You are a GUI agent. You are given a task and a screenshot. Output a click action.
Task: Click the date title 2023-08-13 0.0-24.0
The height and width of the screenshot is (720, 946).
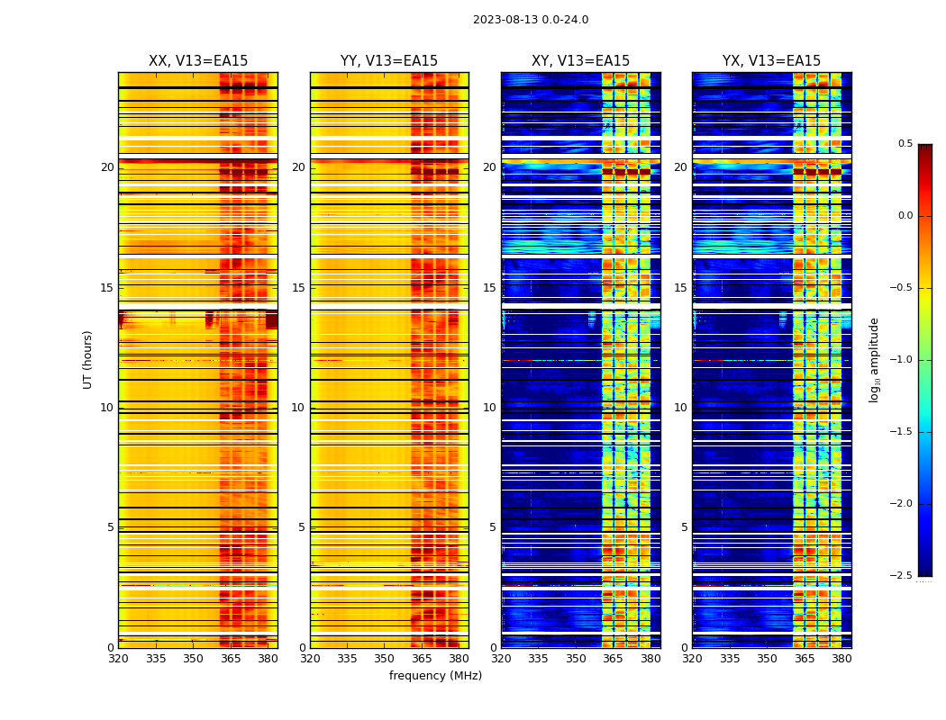tap(531, 20)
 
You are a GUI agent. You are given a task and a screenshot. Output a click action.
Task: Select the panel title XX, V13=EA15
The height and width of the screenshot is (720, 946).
tap(198, 61)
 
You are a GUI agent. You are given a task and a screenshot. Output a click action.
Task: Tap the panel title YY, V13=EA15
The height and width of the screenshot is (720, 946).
tap(389, 61)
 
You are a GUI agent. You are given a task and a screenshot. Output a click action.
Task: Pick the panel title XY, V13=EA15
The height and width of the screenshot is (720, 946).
tap(580, 61)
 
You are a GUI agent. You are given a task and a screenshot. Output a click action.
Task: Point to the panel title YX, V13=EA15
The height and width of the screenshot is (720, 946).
tap(771, 61)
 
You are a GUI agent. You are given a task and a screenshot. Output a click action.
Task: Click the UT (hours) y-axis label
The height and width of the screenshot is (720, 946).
tap(87, 359)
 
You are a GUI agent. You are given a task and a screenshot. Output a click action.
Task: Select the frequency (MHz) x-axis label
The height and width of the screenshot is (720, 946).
tap(435, 676)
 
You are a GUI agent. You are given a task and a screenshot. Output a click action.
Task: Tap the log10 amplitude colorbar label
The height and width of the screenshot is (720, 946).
tap(874, 359)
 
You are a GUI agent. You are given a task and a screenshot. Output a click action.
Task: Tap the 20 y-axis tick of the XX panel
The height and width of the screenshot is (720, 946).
tap(107, 167)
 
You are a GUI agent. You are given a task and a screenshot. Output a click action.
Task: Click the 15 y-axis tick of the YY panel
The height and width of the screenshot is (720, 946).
tap(298, 288)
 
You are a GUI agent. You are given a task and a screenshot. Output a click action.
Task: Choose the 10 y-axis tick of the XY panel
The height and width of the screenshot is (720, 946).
tap(489, 408)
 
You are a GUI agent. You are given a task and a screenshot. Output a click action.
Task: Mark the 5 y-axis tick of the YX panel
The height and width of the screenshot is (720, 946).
tap(684, 527)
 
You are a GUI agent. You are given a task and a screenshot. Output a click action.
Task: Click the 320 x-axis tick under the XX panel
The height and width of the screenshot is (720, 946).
tap(118, 659)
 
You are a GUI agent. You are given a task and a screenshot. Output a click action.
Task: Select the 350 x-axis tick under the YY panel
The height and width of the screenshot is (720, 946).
tap(385, 659)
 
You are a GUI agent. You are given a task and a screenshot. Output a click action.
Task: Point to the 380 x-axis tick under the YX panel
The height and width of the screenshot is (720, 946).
tap(841, 659)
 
